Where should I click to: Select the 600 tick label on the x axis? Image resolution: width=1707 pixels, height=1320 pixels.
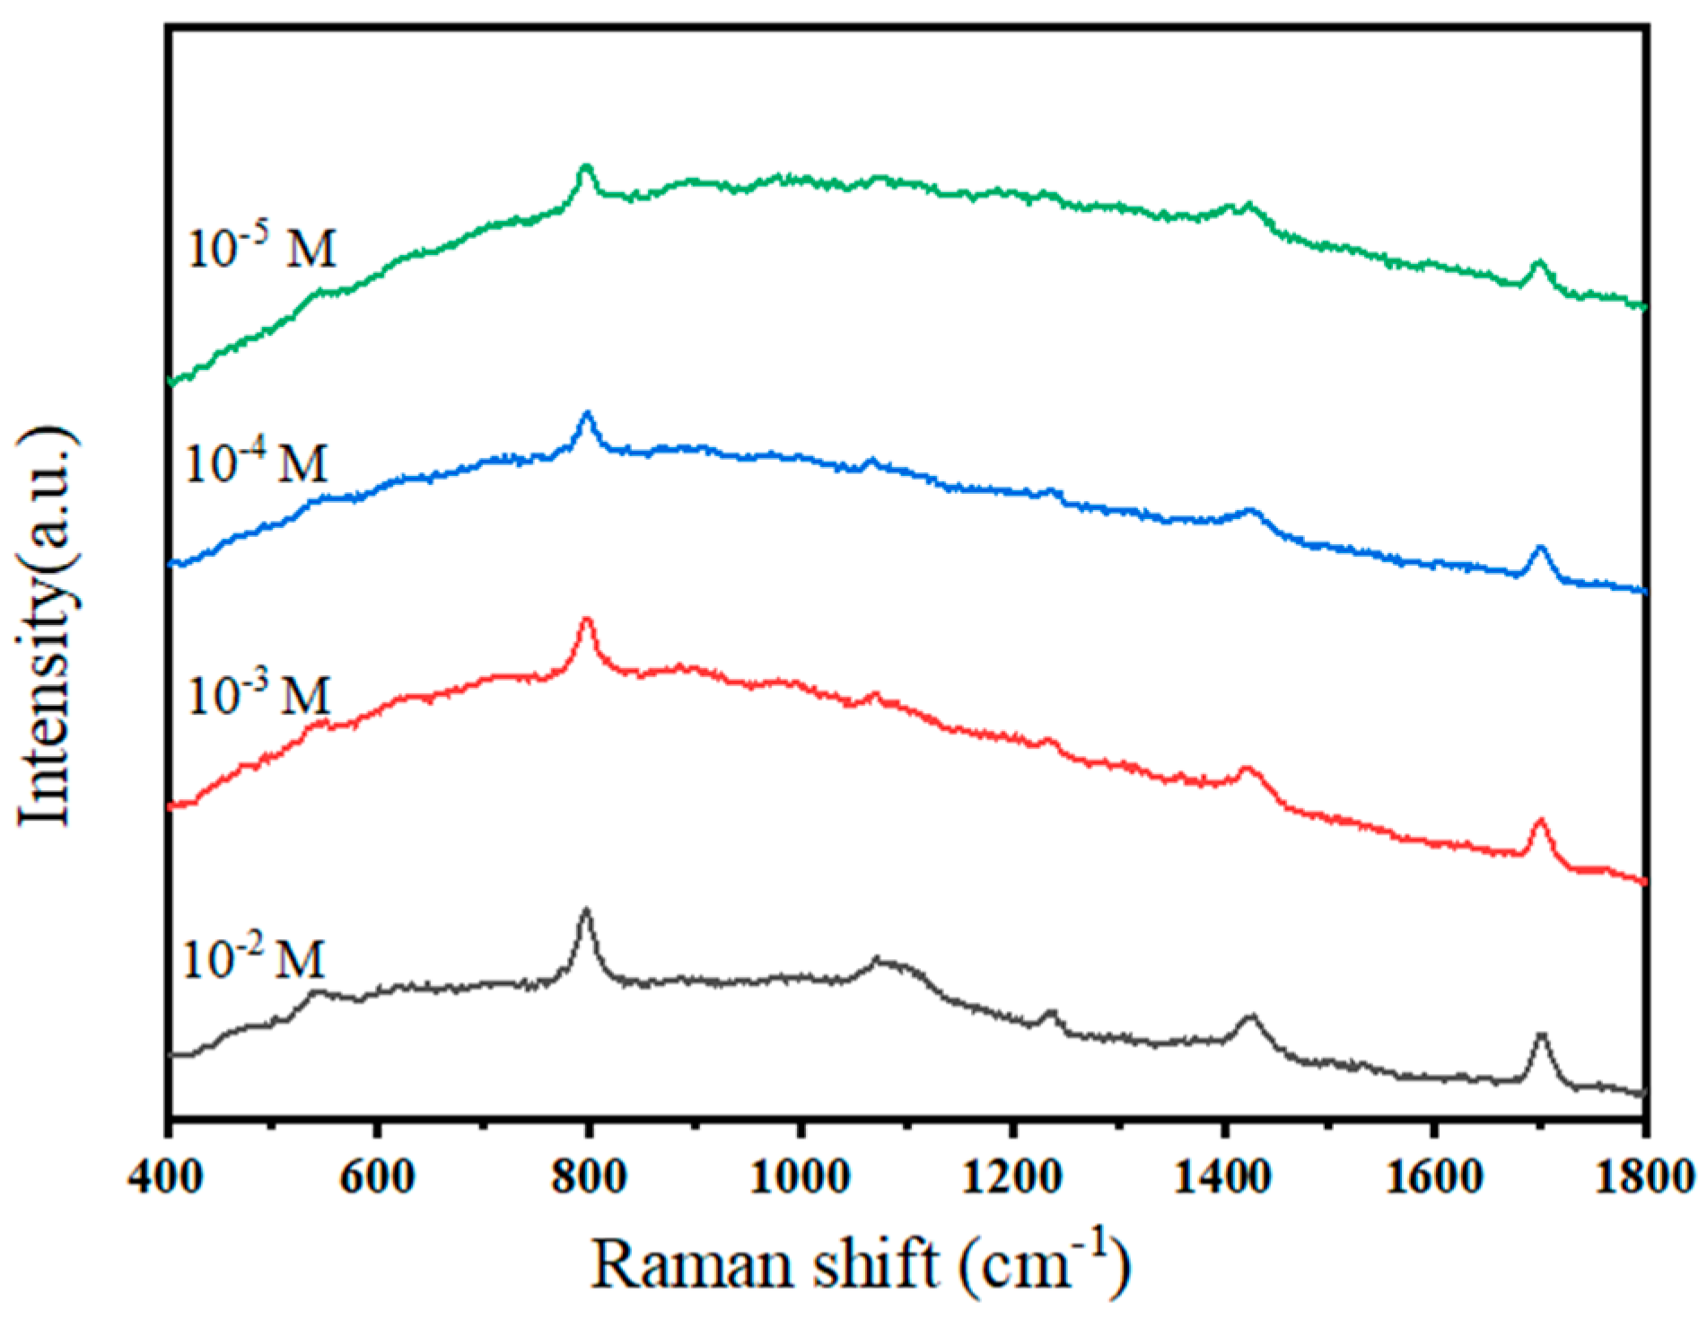click(378, 1177)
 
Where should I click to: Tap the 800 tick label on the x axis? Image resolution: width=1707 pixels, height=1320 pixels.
click(589, 1177)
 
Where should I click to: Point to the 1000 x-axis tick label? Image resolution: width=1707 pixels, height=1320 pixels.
click(800, 1177)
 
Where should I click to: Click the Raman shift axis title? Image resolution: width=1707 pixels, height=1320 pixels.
click(860, 1266)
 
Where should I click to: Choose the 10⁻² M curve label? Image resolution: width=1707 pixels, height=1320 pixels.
click(254, 958)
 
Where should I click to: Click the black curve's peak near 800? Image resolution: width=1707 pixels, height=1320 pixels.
click(586, 911)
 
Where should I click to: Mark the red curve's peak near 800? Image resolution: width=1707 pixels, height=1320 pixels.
click(587, 620)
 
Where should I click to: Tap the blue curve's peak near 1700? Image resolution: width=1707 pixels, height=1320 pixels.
click(1540, 547)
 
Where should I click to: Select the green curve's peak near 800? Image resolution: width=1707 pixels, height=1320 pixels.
click(586, 167)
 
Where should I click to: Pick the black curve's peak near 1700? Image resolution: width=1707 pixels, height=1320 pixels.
click(1541, 1036)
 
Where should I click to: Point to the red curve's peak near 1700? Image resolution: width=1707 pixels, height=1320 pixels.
click(1540, 821)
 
